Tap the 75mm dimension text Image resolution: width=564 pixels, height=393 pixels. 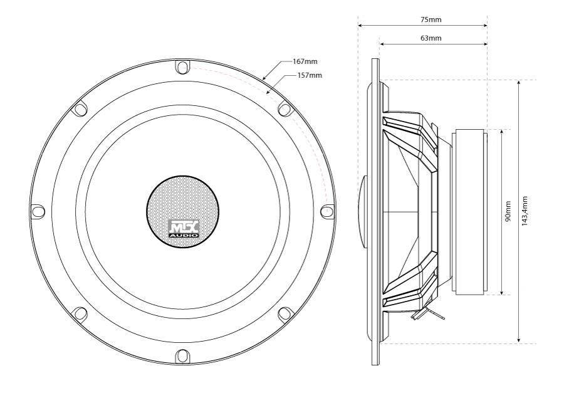(x=431, y=20)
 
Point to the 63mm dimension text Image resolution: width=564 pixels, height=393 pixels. (x=431, y=38)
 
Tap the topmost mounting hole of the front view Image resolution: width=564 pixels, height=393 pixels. (x=181, y=66)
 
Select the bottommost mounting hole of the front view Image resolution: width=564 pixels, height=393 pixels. (x=181, y=355)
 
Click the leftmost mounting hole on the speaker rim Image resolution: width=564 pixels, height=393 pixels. (x=36, y=211)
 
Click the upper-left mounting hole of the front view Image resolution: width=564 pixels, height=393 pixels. (x=79, y=109)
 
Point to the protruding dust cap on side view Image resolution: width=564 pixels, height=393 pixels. (x=362, y=212)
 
